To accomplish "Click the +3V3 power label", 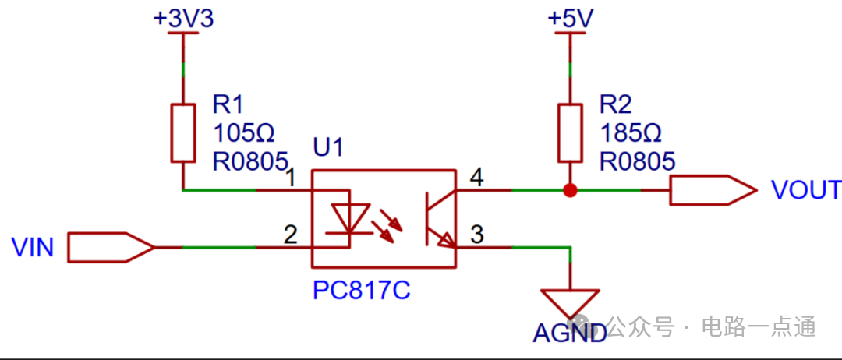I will click(x=183, y=18).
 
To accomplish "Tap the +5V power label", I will click(x=571, y=18).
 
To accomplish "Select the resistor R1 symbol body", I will click(x=183, y=132).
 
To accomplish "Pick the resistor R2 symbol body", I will click(x=571, y=132).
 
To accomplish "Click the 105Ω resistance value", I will click(x=243, y=132).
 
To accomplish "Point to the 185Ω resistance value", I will click(x=631, y=132).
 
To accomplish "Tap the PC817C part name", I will click(x=361, y=291).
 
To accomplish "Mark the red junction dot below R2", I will click(x=571, y=189).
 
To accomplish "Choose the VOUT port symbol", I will click(x=712, y=189).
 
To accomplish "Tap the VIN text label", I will click(x=33, y=249).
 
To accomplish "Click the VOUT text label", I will click(x=805, y=190).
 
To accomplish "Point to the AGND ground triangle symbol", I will click(x=571, y=303).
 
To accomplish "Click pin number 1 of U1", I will click(x=290, y=178).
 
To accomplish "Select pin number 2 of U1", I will click(x=290, y=234).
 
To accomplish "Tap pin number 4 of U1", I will click(x=476, y=178).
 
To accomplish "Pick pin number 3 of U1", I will click(x=476, y=234).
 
